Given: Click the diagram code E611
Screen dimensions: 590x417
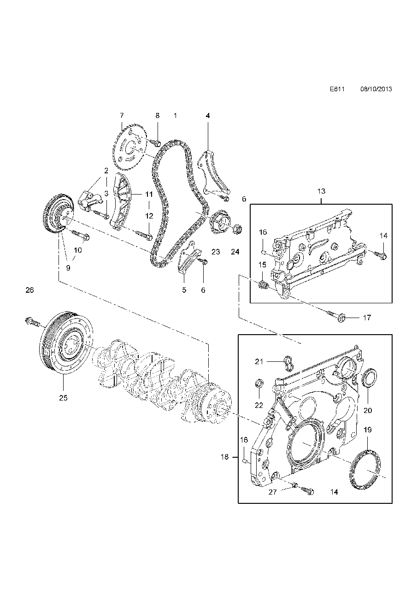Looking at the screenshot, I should click(x=337, y=89).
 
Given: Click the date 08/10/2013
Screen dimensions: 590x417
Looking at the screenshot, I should click(x=376, y=89).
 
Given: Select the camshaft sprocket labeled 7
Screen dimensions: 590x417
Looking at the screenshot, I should click(x=129, y=147).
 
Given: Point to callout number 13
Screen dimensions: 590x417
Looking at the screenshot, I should click(x=321, y=191).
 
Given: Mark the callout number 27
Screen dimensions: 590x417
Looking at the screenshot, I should click(x=273, y=492).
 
